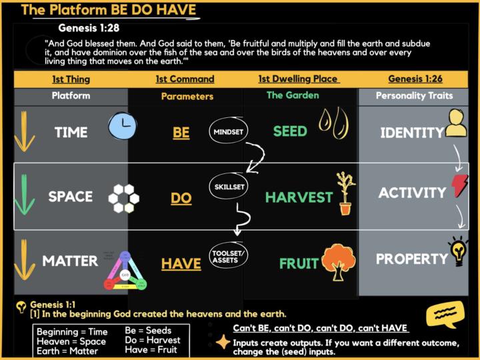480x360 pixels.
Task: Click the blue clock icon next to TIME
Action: pyautogui.click(x=123, y=126)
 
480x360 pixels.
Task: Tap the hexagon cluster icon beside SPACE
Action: pyautogui.click(x=124, y=197)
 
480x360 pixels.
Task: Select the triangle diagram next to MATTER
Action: pyautogui.click(x=125, y=271)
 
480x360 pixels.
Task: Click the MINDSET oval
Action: pyautogui.click(x=228, y=132)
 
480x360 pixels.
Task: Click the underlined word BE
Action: pyautogui.click(x=181, y=133)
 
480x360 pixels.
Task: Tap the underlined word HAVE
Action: pyautogui.click(x=181, y=265)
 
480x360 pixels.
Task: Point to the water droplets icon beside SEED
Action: pyautogui.click(x=333, y=123)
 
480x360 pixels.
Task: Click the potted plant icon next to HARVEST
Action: pyautogui.click(x=344, y=193)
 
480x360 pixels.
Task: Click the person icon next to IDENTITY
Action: pyautogui.click(x=456, y=123)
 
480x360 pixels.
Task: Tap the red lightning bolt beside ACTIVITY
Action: pyautogui.click(x=460, y=186)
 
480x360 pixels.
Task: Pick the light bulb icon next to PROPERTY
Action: pyautogui.click(x=459, y=251)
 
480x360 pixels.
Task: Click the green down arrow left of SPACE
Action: pyautogui.click(x=25, y=195)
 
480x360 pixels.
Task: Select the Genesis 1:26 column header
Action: pyautogui.click(x=415, y=79)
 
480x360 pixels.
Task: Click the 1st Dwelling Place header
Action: pyautogui.click(x=298, y=79)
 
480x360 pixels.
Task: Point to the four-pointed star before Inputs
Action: pyautogui.click(x=223, y=343)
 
